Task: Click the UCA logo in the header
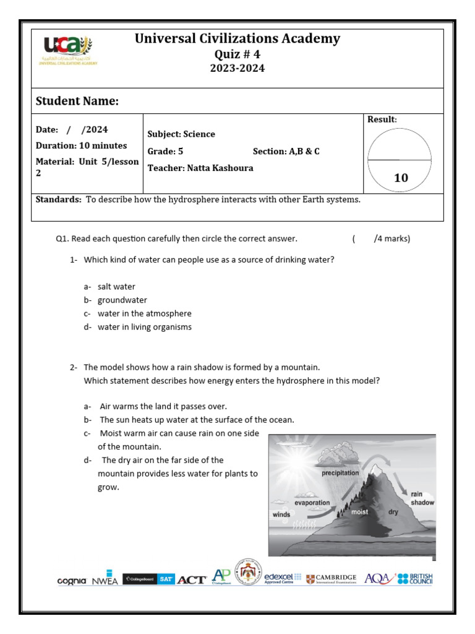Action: click(69, 50)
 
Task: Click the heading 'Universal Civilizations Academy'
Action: click(237, 39)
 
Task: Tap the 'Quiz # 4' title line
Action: click(237, 54)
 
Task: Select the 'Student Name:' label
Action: click(77, 102)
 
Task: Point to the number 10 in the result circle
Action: click(401, 178)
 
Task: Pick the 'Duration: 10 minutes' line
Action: click(82, 146)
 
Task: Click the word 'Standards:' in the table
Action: click(59, 199)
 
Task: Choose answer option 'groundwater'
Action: click(122, 300)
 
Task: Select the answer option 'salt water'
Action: click(116, 287)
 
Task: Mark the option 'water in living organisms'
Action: click(145, 327)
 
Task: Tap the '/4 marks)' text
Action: click(392, 238)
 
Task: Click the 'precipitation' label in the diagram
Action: click(340, 473)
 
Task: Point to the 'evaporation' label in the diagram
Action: click(312, 503)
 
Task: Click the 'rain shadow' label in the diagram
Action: click(422, 498)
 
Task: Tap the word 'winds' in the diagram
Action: click(281, 515)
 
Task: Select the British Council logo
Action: click(415, 579)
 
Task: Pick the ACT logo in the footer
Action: click(192, 580)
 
